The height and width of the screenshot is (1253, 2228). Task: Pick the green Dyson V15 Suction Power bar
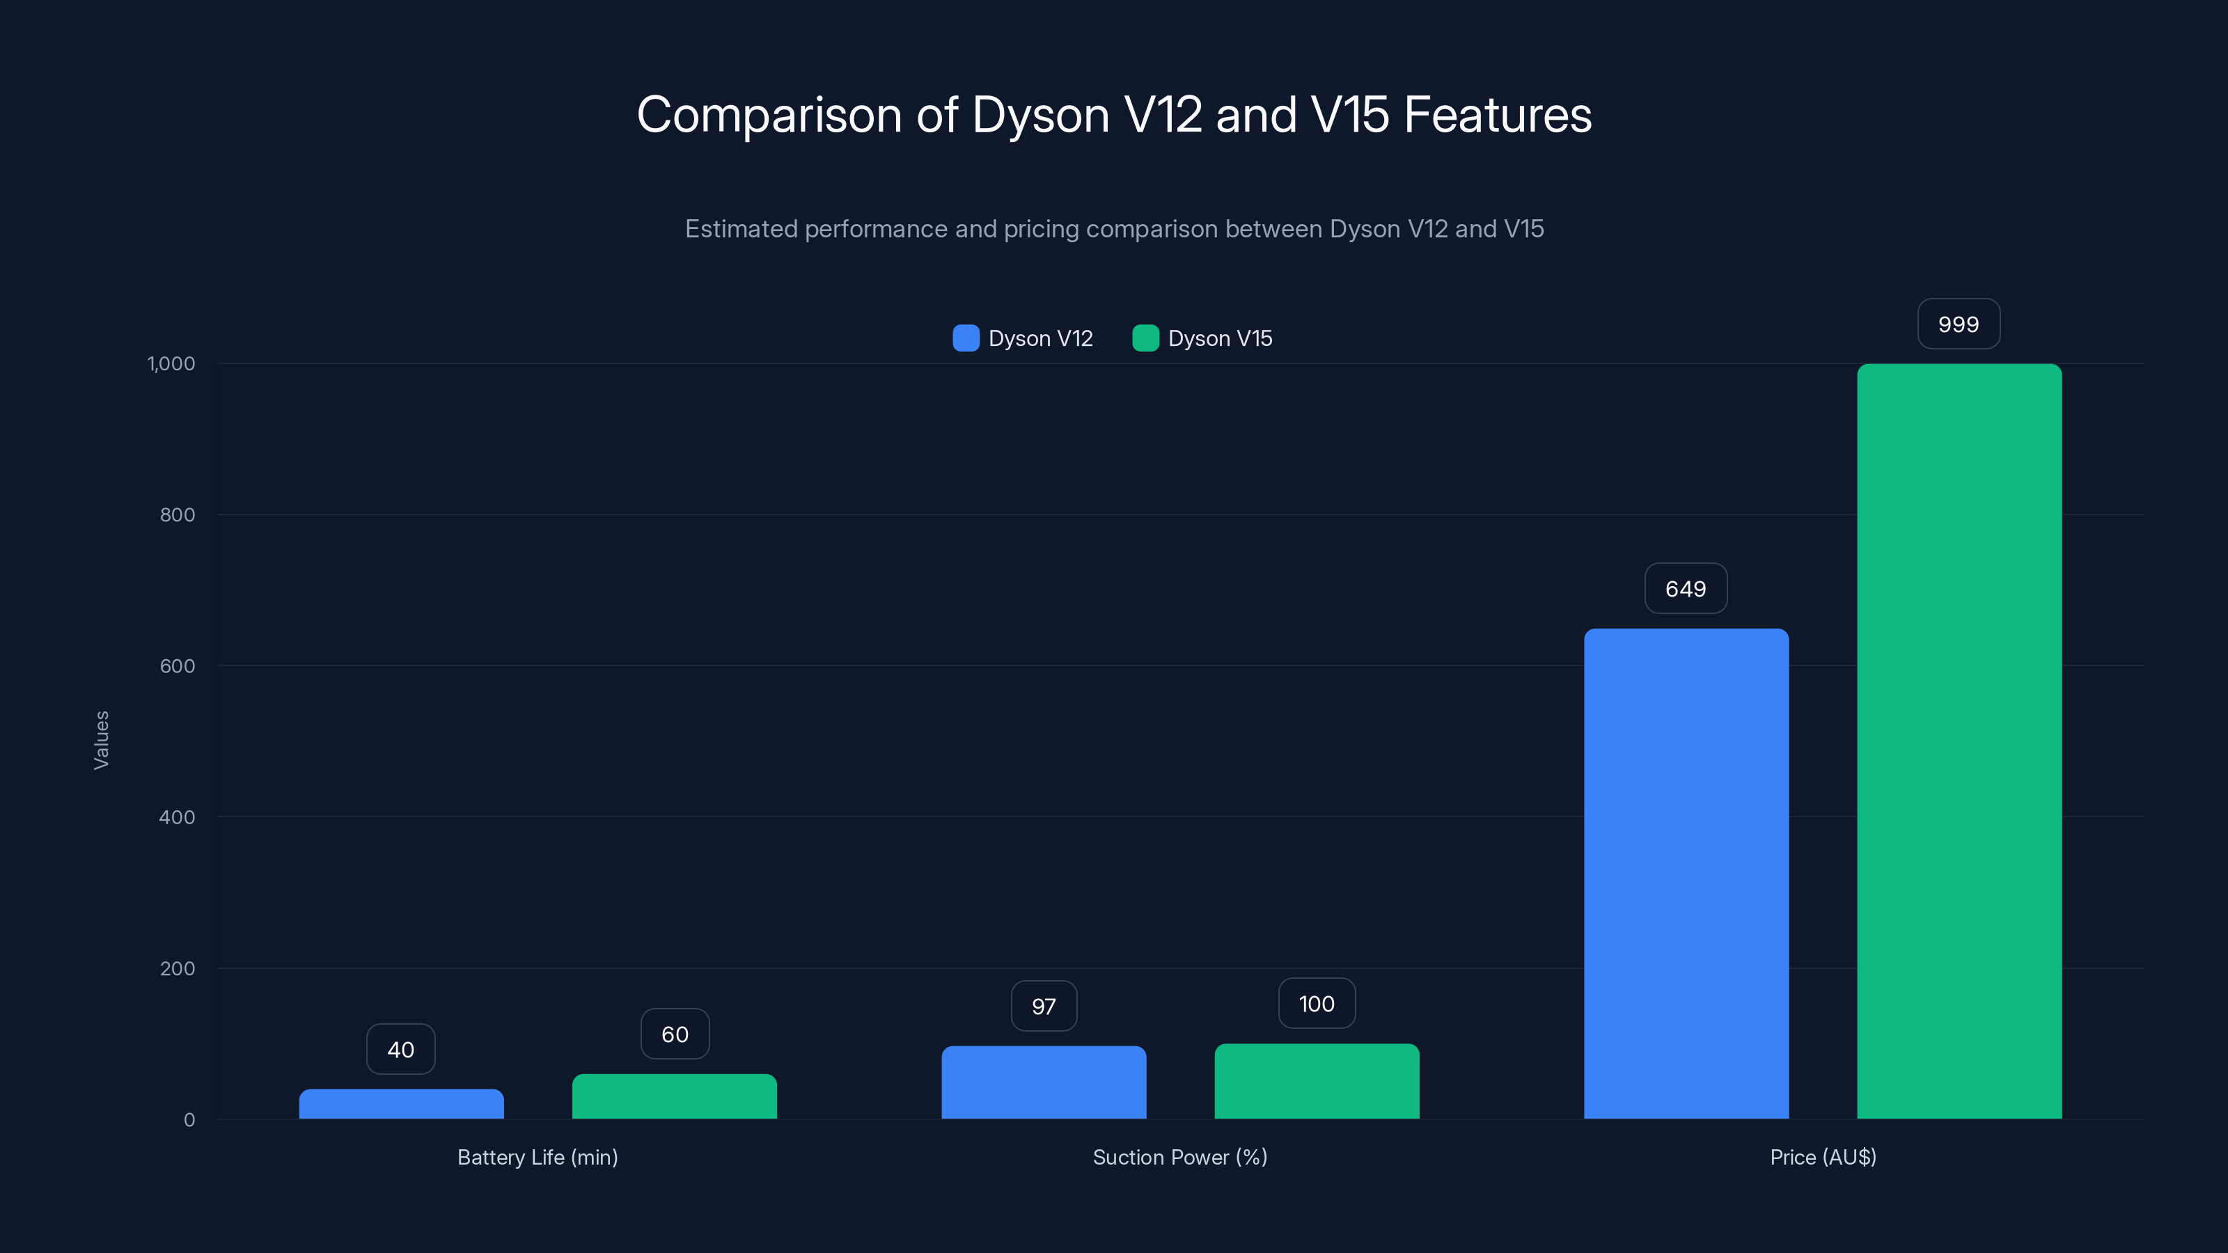1317,1081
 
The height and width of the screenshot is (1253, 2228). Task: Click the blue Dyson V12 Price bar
1686,874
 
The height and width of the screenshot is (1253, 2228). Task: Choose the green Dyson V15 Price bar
1959,741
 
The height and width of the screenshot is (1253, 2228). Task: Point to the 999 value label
1958,324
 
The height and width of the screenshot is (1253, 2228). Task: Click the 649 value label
1686,589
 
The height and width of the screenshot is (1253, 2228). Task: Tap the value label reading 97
1044,1007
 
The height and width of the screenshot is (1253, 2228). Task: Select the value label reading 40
400,1050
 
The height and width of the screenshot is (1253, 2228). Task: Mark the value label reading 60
675,1034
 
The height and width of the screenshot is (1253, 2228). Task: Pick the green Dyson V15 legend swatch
1145,338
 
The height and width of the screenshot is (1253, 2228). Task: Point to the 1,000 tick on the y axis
171,364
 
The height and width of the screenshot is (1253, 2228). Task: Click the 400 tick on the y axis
178,817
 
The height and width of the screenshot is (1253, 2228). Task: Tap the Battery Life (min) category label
537,1157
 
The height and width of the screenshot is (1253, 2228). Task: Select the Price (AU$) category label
1822,1157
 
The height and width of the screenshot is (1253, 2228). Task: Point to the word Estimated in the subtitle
742,229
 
